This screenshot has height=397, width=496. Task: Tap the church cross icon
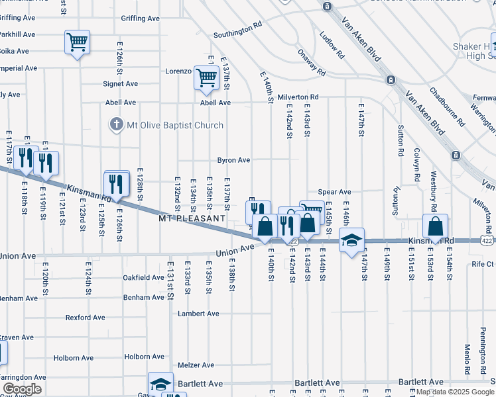tap(117, 124)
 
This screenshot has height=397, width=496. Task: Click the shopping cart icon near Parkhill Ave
tap(77, 42)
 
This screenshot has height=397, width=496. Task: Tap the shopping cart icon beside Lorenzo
tap(206, 78)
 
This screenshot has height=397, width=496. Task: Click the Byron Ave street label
tap(233, 160)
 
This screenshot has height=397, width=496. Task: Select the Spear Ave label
tap(334, 192)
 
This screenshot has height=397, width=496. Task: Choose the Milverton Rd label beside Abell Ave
tap(298, 97)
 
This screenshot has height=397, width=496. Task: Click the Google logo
tap(22, 389)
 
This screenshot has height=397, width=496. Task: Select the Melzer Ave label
tap(196, 365)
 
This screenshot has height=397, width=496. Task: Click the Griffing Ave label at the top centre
tap(141, 19)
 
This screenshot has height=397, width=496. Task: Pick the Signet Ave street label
tap(120, 84)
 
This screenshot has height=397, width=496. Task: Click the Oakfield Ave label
tap(143, 278)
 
